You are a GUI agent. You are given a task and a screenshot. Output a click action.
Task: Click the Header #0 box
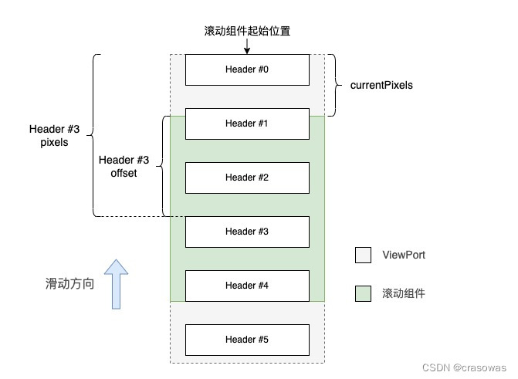(x=247, y=69)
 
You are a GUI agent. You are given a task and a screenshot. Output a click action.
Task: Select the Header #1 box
(x=247, y=124)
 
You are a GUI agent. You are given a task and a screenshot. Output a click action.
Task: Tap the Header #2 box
(x=247, y=178)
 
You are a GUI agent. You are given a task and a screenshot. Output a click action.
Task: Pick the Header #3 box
(x=247, y=232)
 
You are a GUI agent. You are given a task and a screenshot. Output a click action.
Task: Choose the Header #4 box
(x=247, y=286)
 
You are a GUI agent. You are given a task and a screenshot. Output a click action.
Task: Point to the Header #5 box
(x=247, y=340)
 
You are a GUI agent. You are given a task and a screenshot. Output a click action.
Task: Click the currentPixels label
(x=381, y=86)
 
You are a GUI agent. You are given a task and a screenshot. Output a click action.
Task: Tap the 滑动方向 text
(x=69, y=284)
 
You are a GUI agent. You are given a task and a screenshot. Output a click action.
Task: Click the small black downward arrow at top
(x=247, y=46)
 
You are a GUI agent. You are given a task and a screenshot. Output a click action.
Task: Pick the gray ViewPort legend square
(x=364, y=255)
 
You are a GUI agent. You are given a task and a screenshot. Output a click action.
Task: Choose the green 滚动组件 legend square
(x=364, y=293)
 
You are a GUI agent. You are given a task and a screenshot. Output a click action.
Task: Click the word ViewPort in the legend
(x=403, y=255)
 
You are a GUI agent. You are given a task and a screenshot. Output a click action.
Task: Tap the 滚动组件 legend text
(x=403, y=293)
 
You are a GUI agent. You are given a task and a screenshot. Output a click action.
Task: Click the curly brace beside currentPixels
(x=333, y=85)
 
